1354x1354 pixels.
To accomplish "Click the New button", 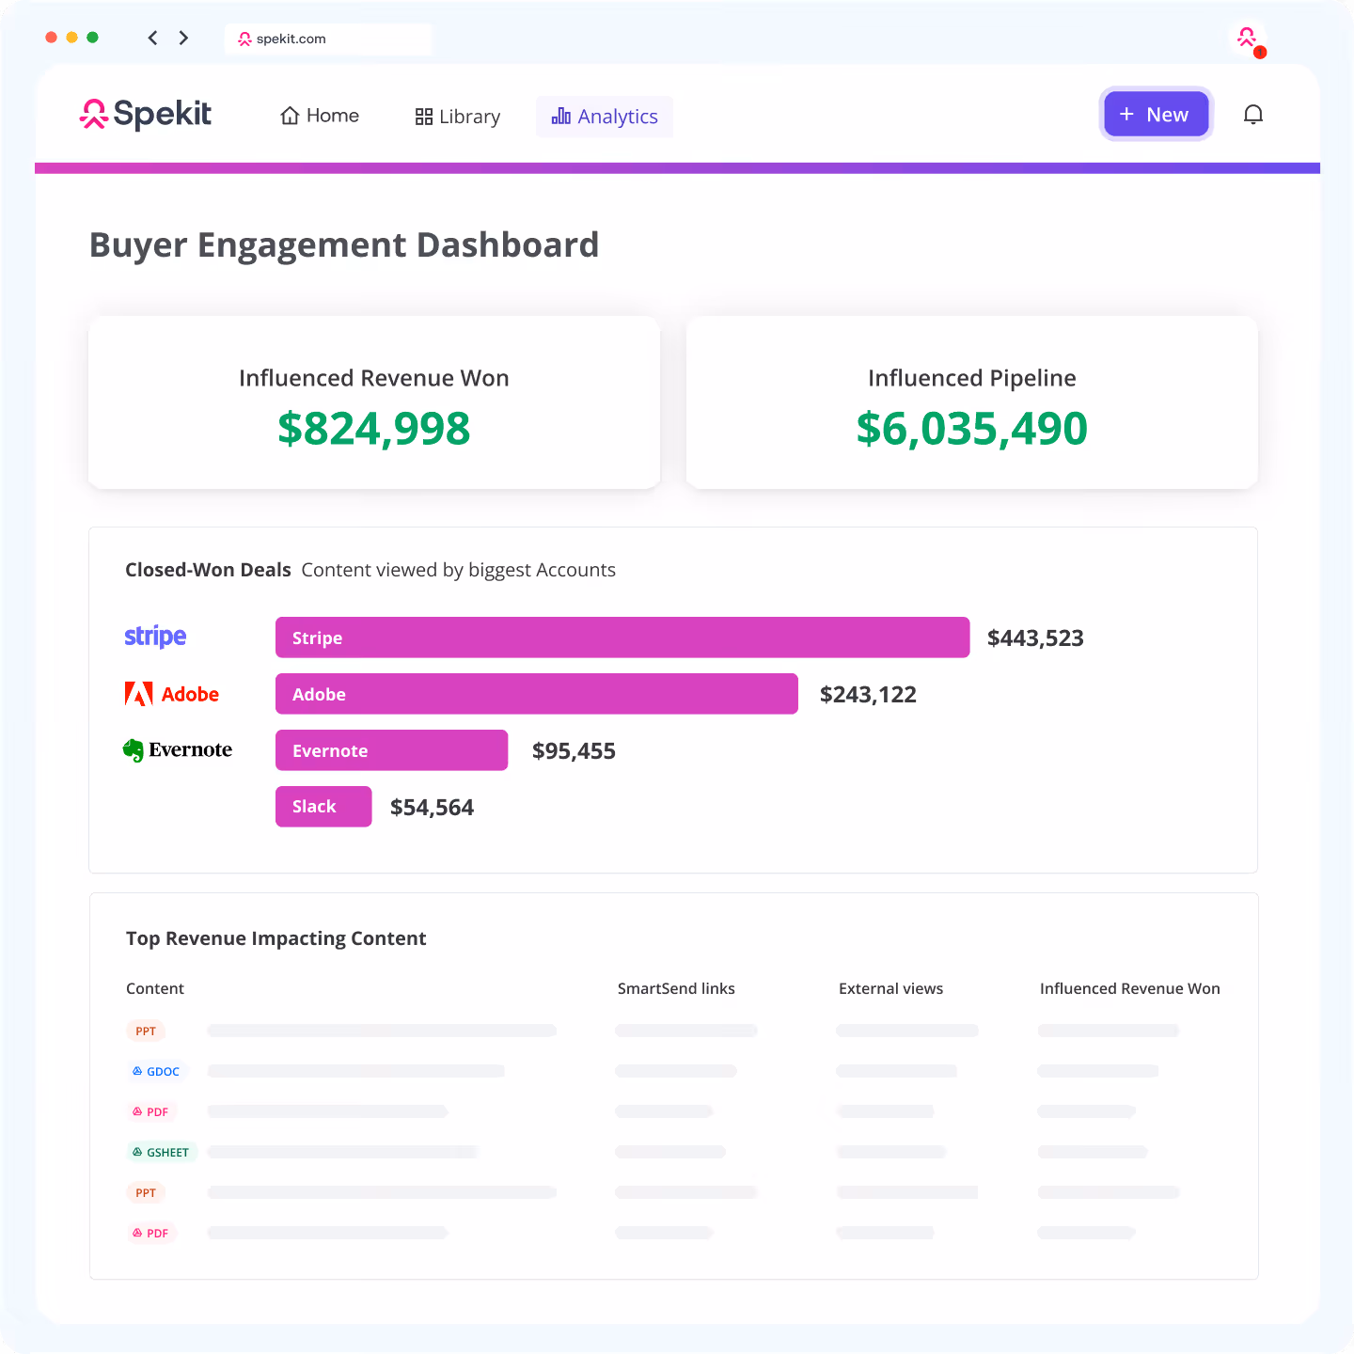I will [1156, 115].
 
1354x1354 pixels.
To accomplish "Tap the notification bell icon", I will [1252, 115].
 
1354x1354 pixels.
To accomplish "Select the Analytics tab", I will [605, 117].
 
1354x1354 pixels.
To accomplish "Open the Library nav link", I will [458, 117].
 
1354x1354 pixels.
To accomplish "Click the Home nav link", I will [320, 116].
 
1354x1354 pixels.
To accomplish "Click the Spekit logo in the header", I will [146, 115].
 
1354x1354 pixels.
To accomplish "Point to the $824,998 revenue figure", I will [373, 429].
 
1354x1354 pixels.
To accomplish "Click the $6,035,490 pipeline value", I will [971, 429].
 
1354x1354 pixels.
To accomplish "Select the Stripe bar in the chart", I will [622, 638].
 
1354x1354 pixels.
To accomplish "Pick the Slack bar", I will [323, 807].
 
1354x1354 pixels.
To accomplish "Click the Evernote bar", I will [391, 750].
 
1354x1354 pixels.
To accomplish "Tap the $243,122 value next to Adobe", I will [868, 695].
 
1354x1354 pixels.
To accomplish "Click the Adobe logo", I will [172, 694].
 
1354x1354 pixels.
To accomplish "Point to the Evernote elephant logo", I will [134, 750].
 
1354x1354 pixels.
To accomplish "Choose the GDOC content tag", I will [156, 1071].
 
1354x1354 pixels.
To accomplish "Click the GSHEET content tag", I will [161, 1152].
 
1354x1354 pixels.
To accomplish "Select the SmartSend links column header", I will [676, 988].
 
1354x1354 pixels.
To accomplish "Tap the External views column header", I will [890, 988].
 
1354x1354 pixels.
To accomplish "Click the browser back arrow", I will [152, 38].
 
